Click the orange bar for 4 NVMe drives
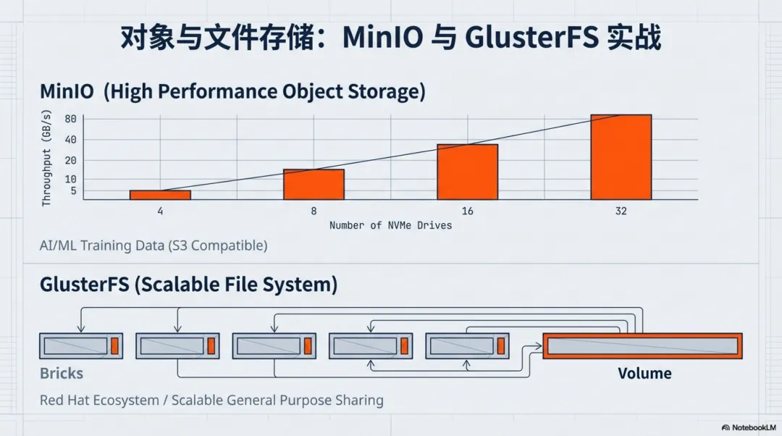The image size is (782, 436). (x=160, y=195)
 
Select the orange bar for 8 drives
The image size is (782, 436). (x=314, y=184)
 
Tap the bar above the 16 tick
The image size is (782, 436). (x=467, y=172)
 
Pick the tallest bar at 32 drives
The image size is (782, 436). (x=621, y=156)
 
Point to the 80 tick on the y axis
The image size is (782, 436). (x=70, y=119)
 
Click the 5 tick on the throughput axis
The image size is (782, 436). (x=73, y=191)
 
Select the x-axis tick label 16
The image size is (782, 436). (x=467, y=211)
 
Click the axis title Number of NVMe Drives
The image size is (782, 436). (x=390, y=225)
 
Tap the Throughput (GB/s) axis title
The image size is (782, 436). (x=46, y=158)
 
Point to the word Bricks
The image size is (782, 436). (x=62, y=374)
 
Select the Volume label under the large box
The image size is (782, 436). (x=644, y=374)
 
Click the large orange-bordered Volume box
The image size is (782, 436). (x=642, y=346)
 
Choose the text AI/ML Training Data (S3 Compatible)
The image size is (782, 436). (x=154, y=246)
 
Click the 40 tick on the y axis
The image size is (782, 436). (x=70, y=140)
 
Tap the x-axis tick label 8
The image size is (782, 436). (x=314, y=211)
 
